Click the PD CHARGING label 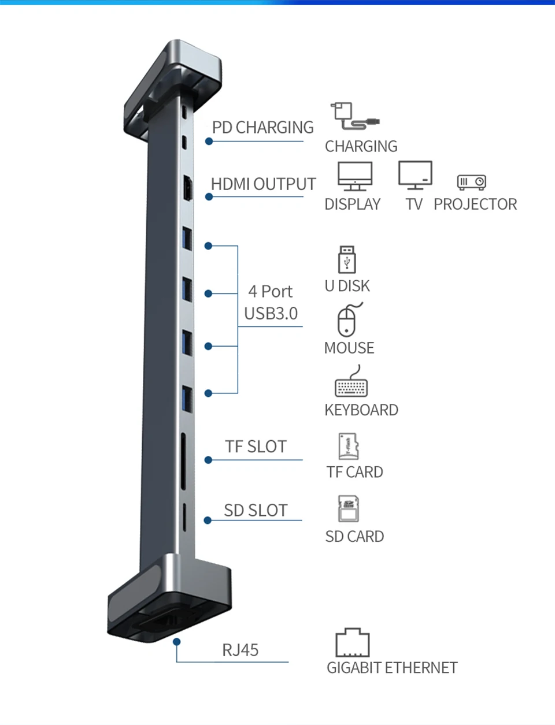262,128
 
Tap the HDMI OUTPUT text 263,184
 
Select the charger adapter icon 354,117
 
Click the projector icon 471,183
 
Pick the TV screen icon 415,175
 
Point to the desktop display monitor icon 355,176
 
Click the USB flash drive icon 347,259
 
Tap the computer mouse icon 347,320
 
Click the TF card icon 348,446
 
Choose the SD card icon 348,509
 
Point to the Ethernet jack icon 352,642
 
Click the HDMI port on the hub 188,188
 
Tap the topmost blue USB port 187,238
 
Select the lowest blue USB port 187,398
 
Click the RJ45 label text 240,650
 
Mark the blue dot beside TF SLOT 209,460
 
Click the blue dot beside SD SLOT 208,520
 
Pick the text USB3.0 271,314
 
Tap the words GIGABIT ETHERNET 392,668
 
